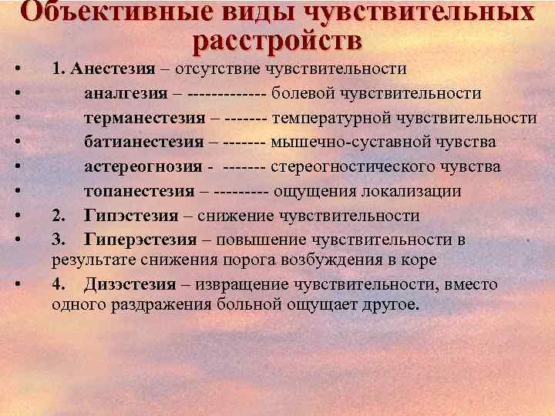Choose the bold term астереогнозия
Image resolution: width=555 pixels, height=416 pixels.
pos(143,167)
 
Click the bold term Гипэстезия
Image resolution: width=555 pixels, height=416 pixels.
pos(132,216)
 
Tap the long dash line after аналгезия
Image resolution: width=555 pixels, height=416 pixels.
pos(228,94)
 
